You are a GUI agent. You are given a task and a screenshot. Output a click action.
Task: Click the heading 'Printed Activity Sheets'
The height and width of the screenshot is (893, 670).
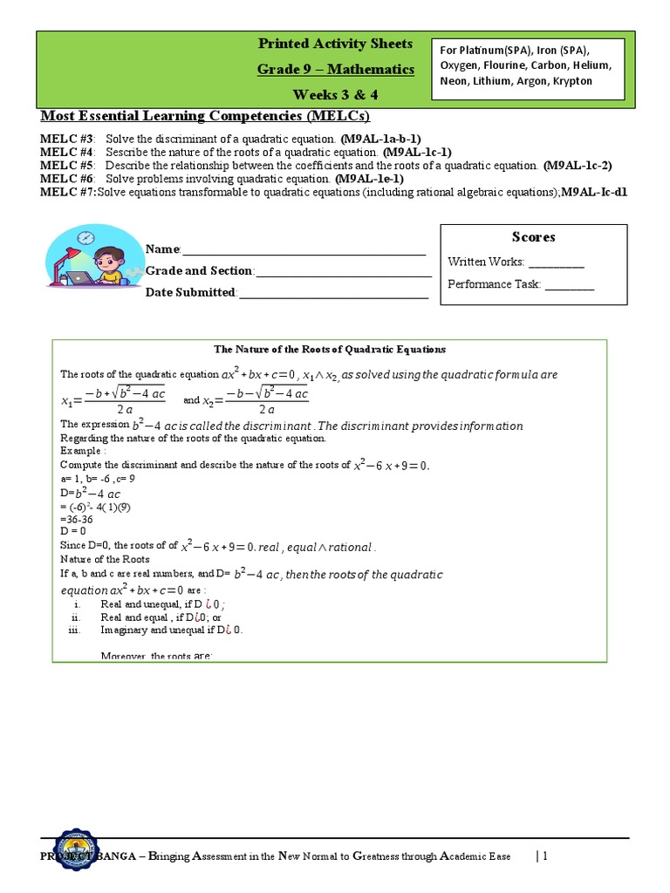[x=336, y=44]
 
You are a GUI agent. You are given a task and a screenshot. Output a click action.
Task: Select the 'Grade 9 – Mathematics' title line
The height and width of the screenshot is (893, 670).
[x=336, y=69]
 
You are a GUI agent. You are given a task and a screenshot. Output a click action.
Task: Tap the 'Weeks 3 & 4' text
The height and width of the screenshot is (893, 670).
[x=336, y=94]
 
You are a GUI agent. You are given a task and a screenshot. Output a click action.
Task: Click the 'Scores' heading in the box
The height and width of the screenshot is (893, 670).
[x=533, y=237]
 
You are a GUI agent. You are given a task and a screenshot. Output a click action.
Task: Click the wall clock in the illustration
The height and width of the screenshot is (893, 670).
[x=85, y=237]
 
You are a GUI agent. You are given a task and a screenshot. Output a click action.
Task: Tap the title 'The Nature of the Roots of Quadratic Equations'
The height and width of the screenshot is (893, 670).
[x=330, y=349]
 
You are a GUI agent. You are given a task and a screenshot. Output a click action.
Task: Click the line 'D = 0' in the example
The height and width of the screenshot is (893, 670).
[x=73, y=530]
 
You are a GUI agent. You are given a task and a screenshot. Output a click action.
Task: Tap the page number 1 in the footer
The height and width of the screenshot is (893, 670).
[x=544, y=856]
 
